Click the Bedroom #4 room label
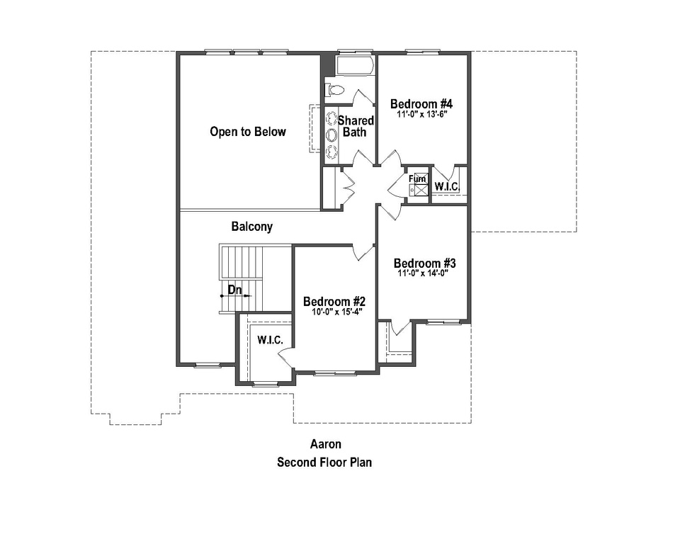(x=421, y=103)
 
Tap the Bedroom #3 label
(x=424, y=262)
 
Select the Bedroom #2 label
(x=334, y=301)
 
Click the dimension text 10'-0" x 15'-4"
(x=334, y=312)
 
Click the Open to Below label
(x=248, y=132)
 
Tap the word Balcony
(x=251, y=227)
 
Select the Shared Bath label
(x=356, y=126)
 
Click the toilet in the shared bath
(x=334, y=90)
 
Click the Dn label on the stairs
(x=234, y=290)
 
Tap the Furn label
(x=418, y=179)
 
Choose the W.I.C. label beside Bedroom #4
(x=447, y=186)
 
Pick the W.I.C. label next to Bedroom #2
(x=270, y=341)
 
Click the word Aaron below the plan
(x=325, y=445)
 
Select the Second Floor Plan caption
(x=324, y=463)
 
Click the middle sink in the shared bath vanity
(x=331, y=134)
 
